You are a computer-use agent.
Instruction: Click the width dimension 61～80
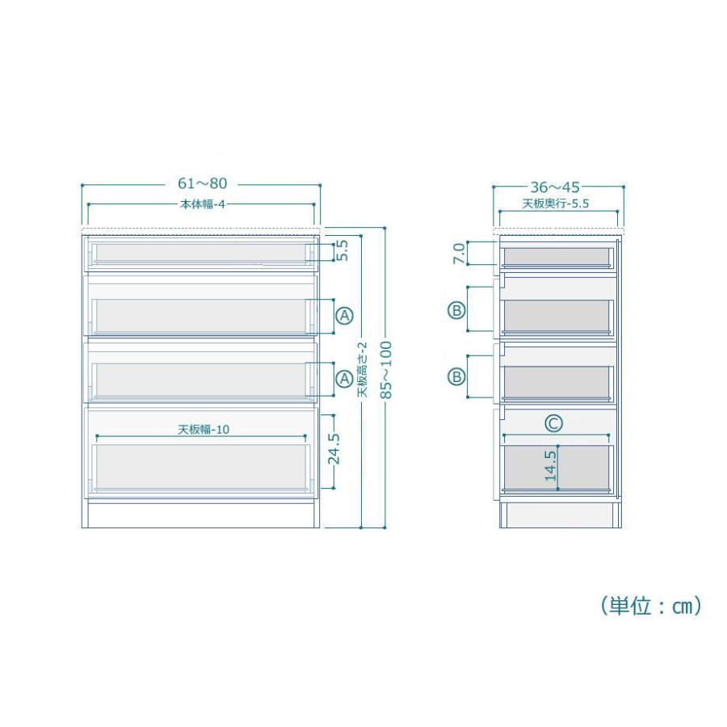tap(203, 183)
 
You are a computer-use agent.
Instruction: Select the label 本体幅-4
tap(202, 204)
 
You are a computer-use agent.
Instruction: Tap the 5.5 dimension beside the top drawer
tap(342, 250)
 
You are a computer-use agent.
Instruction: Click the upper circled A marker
tap(344, 316)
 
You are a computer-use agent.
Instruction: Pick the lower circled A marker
tap(344, 380)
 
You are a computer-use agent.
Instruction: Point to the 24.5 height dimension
tap(334, 449)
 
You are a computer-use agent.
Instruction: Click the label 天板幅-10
tap(204, 430)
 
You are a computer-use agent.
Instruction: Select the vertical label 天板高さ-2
tap(362, 369)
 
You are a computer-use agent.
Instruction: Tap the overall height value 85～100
tap(386, 370)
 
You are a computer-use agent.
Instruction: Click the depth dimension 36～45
tap(555, 187)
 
